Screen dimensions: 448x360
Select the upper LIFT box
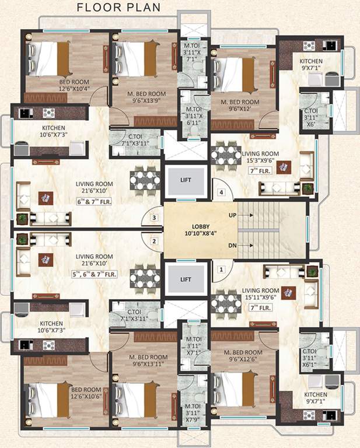186,181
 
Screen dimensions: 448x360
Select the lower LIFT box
186,279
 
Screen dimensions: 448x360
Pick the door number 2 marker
154,241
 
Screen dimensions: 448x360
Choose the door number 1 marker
221,269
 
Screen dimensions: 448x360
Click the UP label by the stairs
232,216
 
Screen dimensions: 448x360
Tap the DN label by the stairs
232,245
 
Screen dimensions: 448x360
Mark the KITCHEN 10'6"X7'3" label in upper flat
53,131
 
